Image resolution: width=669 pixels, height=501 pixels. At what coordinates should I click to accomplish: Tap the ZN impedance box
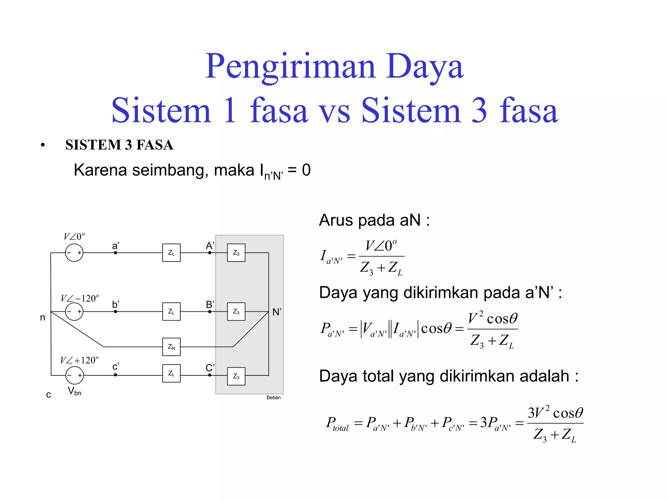(x=171, y=347)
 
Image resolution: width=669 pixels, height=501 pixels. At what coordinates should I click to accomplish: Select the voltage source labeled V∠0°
(x=74, y=253)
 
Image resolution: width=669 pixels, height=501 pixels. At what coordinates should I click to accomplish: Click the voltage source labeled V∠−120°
(x=74, y=311)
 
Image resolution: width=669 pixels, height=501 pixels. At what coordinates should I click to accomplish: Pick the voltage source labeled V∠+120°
(x=74, y=375)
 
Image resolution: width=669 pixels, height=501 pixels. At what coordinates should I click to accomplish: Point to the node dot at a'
(x=115, y=252)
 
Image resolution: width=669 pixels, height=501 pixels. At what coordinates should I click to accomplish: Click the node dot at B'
(x=210, y=311)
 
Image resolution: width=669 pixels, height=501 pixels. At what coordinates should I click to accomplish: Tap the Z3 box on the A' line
(x=236, y=252)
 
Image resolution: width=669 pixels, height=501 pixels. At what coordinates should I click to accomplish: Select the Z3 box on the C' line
(x=236, y=376)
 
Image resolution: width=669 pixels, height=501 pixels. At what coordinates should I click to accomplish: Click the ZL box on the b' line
(x=171, y=311)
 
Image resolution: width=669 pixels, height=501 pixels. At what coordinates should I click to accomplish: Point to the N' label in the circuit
(x=277, y=312)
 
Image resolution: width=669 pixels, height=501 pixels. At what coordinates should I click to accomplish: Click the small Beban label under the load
(x=273, y=397)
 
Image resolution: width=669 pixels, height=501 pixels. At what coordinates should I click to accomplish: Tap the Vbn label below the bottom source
(x=74, y=391)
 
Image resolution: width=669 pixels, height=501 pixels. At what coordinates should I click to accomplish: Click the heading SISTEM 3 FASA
(x=119, y=145)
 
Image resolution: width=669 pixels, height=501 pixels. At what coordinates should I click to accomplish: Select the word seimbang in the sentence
(x=170, y=170)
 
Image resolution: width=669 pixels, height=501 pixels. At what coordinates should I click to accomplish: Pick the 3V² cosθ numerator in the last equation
(x=555, y=413)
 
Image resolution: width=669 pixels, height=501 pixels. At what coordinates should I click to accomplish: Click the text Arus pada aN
(x=374, y=220)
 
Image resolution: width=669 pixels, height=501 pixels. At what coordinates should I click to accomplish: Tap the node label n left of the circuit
(x=42, y=317)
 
